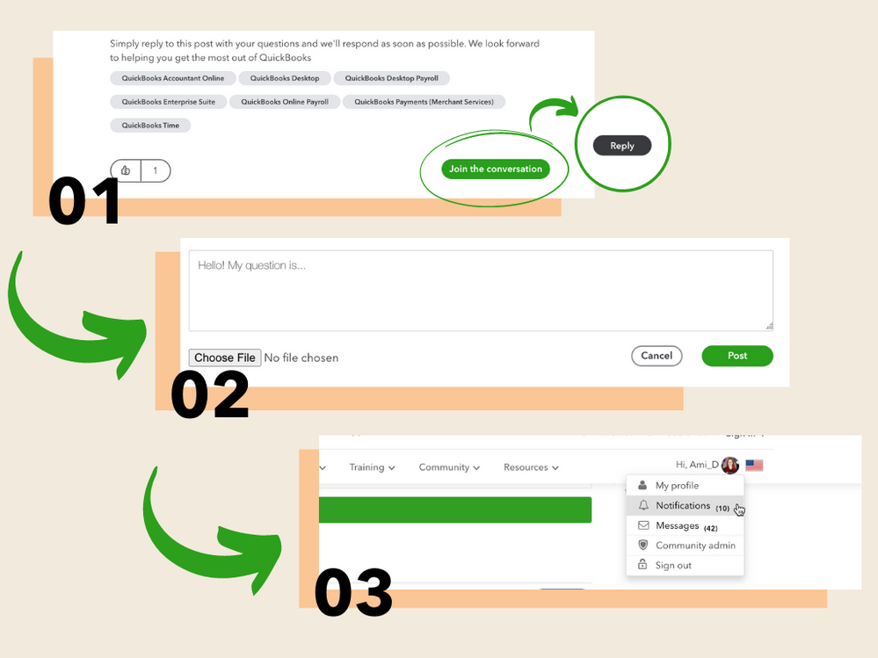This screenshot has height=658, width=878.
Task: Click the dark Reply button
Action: click(622, 146)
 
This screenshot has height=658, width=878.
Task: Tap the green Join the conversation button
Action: click(496, 169)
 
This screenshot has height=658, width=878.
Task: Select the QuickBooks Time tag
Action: click(150, 126)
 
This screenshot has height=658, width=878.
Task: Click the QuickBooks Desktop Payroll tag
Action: click(391, 78)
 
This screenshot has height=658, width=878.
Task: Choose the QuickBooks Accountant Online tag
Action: click(173, 78)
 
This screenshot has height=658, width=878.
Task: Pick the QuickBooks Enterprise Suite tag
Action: click(169, 102)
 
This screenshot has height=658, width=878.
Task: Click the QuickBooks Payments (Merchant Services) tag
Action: click(424, 102)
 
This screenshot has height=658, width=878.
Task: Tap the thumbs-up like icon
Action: click(126, 170)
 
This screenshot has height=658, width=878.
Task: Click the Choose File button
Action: click(225, 358)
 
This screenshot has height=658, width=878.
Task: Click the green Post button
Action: click(737, 356)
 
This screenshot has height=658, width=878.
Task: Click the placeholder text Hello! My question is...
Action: click(251, 265)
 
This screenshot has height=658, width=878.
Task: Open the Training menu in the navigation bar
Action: click(372, 467)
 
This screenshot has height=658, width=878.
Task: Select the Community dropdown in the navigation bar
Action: click(449, 467)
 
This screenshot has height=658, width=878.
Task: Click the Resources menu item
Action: click(531, 467)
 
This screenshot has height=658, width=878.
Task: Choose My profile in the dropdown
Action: click(677, 486)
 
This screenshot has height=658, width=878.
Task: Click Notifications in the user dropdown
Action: click(682, 506)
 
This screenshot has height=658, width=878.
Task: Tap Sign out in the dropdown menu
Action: click(673, 566)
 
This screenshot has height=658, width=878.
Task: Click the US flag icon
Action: click(754, 466)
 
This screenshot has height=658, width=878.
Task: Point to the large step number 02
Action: click(209, 395)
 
